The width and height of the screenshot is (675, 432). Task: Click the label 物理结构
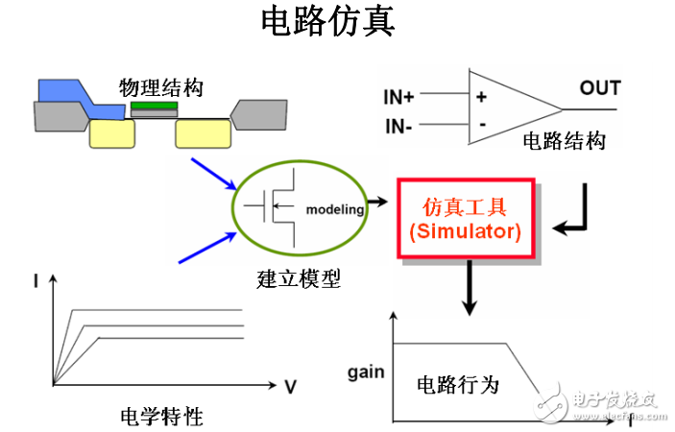(x=160, y=86)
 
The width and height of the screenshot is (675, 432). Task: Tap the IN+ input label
(x=399, y=96)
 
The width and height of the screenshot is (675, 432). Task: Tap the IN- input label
(x=399, y=126)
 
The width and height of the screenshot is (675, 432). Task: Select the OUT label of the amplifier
(x=599, y=89)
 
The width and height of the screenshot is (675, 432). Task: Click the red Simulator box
(x=466, y=219)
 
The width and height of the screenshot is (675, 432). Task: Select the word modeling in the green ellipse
(x=334, y=209)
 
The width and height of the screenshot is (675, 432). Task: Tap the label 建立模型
(x=299, y=279)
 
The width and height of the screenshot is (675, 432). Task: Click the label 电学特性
(x=161, y=417)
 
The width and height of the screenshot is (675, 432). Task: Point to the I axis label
(x=36, y=280)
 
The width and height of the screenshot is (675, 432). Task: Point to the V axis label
(x=290, y=386)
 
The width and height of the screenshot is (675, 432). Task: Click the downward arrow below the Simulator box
(x=469, y=288)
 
